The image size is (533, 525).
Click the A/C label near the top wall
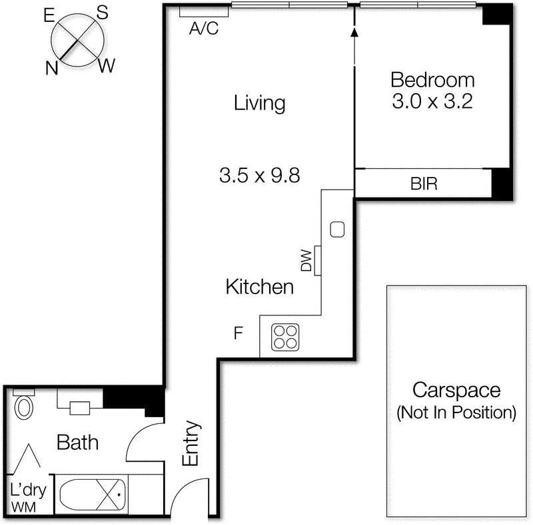(204, 29)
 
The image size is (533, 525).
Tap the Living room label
(259, 103)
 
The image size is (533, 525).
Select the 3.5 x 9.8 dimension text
(259, 176)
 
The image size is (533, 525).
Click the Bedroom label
(432, 81)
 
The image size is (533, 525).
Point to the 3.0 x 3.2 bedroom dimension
(432, 102)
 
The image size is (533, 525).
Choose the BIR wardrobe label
(424, 184)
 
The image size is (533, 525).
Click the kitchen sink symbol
(337, 230)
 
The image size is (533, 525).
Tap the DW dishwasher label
(306, 260)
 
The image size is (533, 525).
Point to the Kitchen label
(260, 287)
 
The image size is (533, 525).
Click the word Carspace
(456, 390)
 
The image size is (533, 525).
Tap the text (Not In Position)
(456, 413)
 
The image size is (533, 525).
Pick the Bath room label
(78, 442)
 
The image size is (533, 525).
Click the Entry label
(191, 443)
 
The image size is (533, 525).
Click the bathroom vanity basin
(81, 408)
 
